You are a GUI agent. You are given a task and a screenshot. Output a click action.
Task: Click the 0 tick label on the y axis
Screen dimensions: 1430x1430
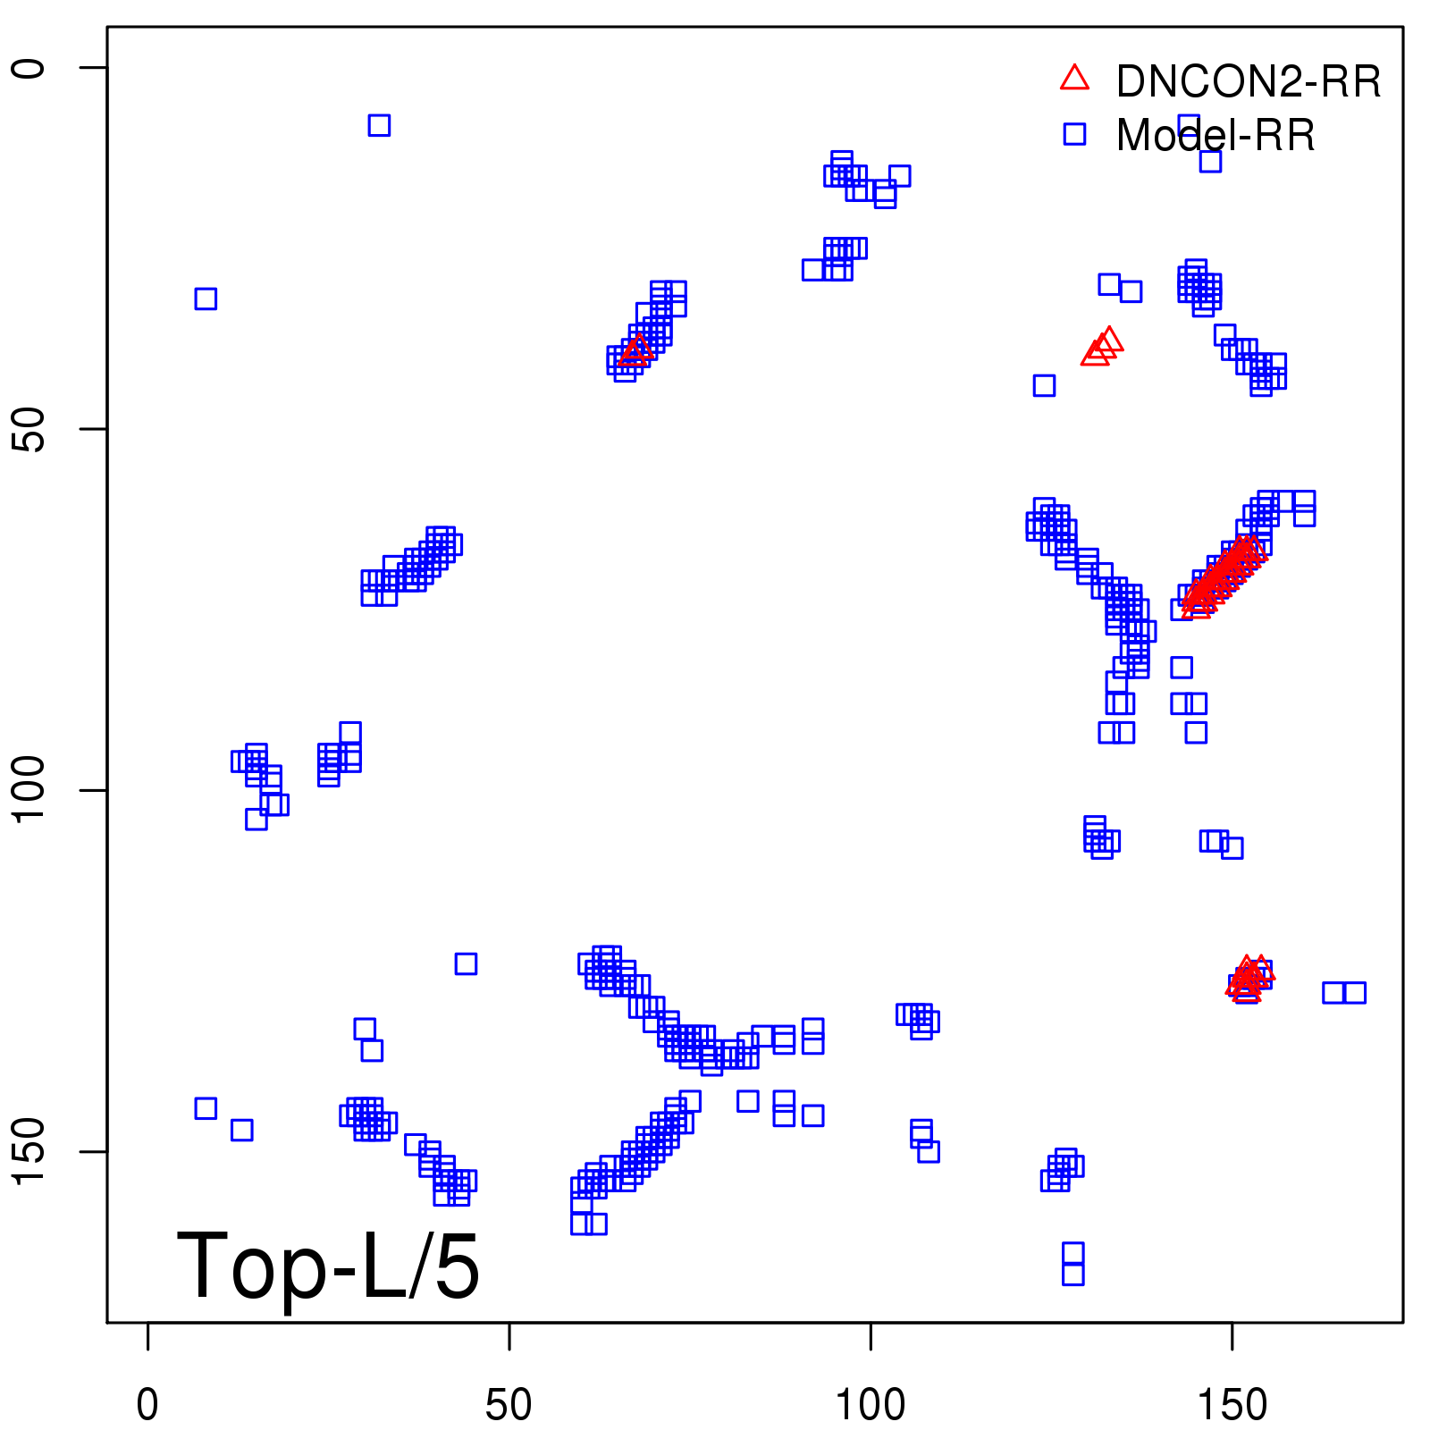[x=29, y=68]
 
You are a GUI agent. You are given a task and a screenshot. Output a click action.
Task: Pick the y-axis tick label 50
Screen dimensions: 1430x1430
[x=29, y=429]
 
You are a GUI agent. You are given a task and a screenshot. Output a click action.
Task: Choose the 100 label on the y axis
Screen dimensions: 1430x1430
[x=29, y=790]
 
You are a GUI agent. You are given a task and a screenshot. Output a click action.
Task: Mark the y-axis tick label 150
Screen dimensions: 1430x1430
[x=29, y=1151]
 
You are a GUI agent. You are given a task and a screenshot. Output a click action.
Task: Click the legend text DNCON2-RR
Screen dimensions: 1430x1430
[x=1248, y=82]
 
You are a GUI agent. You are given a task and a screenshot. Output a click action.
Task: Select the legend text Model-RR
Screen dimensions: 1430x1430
[x=1215, y=136]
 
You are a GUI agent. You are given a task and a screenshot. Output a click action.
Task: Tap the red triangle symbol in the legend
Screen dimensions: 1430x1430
[x=1074, y=79]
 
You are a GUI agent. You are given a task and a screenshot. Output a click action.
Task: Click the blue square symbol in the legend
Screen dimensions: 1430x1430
[x=1074, y=134]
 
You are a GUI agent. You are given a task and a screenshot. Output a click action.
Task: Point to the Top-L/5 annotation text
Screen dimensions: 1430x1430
[x=328, y=1266]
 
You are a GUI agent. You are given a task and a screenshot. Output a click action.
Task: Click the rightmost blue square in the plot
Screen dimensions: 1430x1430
[x=1355, y=992]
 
